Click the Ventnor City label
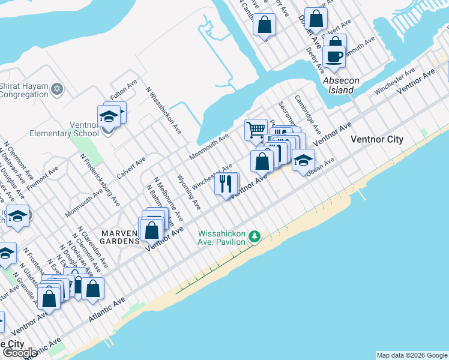pos(376,140)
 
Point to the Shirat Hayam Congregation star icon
pos(58,89)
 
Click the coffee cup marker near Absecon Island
pos(334,57)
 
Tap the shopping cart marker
pos(256,129)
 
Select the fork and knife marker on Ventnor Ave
pos(226,183)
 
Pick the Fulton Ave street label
pos(124,90)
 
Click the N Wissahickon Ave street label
pos(163,110)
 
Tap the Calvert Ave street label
pos(131,168)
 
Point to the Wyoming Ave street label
pos(188,191)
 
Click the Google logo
pos(20,353)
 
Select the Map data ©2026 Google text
pos(412,355)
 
